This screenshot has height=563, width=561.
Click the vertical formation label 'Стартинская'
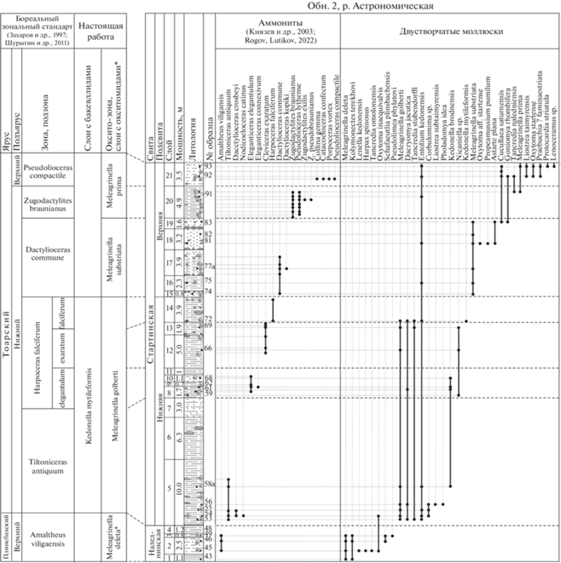click(150, 324)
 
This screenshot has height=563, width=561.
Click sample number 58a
click(208, 484)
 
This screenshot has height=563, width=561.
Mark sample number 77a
click(208, 267)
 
